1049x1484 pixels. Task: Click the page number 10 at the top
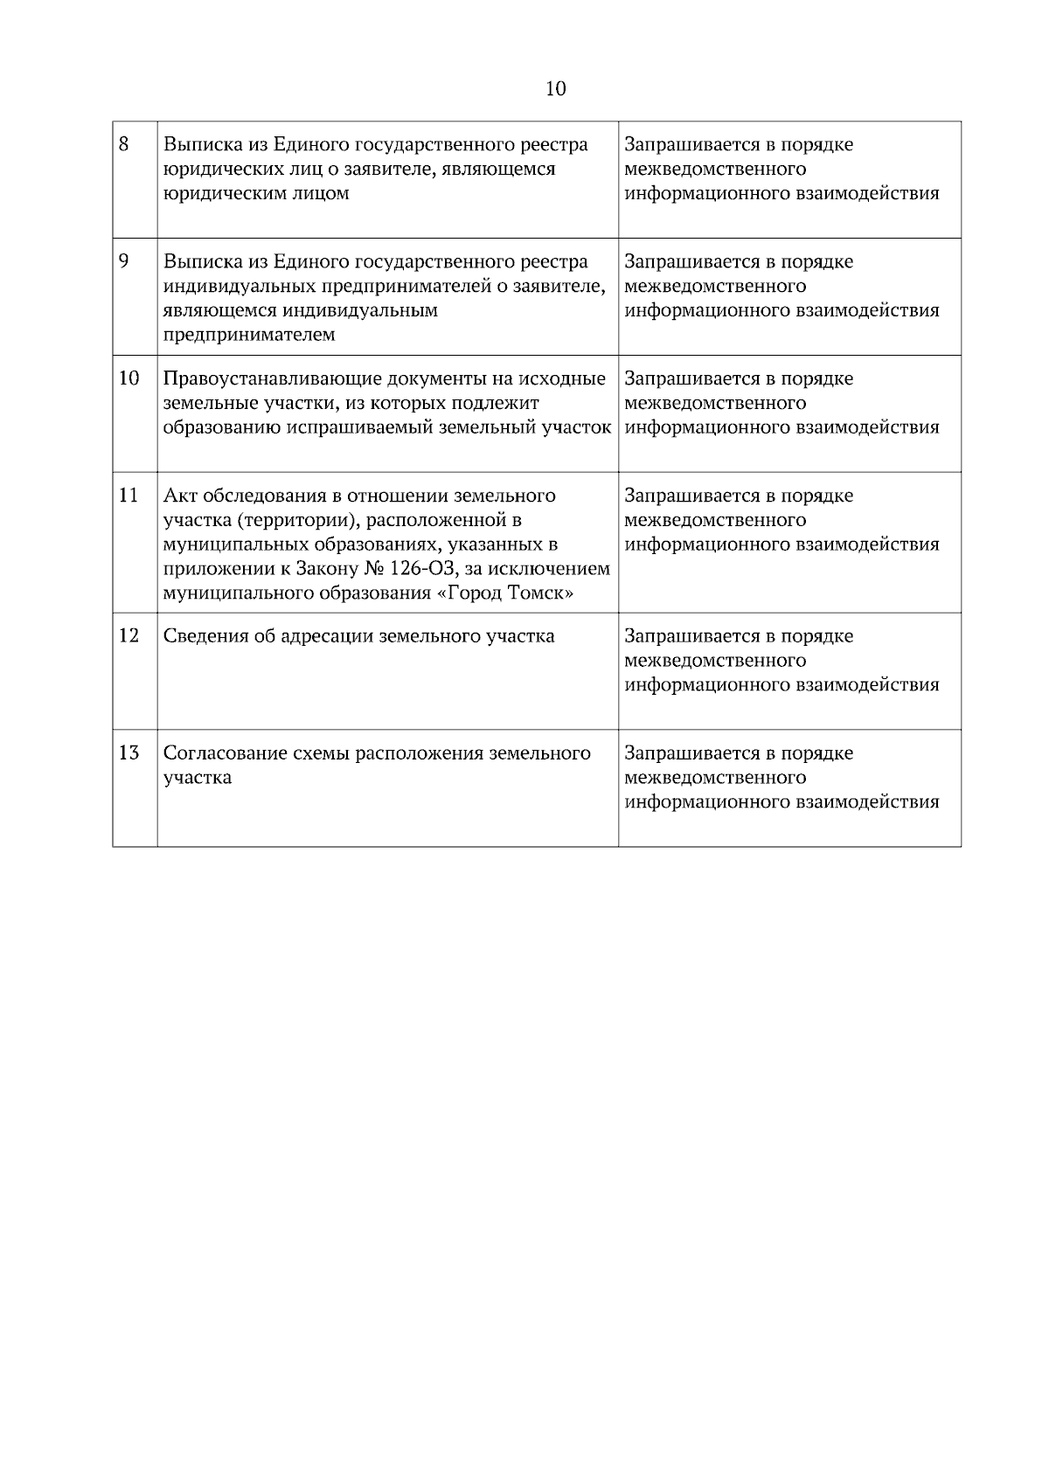555,89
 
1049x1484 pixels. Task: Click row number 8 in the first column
124,143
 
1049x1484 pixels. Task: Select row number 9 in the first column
124,260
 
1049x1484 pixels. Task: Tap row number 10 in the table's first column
129,378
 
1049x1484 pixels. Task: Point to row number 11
129,495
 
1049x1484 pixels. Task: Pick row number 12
129,635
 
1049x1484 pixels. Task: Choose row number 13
129,752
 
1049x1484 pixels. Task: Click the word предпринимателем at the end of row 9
249,335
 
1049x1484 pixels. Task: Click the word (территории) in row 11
295,521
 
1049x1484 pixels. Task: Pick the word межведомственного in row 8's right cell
715,169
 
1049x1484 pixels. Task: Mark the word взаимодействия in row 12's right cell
867,684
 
